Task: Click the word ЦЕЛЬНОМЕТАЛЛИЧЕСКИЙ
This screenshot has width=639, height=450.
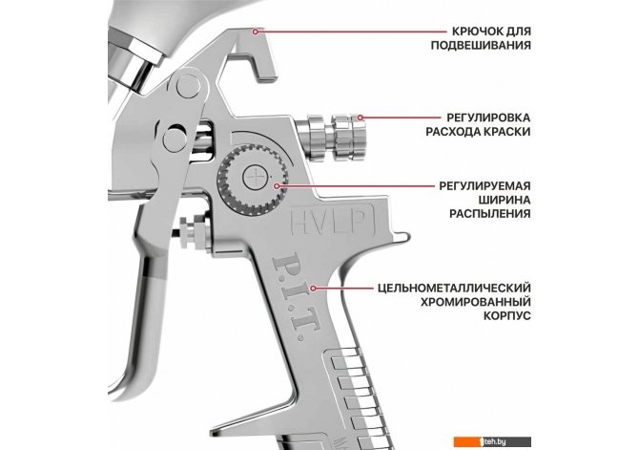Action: point(453,288)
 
